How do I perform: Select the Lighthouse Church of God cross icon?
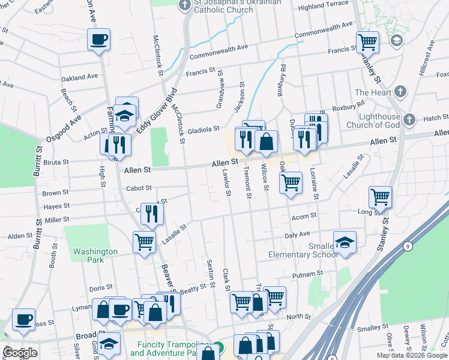point(410,120)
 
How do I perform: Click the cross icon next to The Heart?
point(400,92)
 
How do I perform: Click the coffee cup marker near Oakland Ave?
point(98,40)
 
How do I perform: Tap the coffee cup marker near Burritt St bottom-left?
point(23,319)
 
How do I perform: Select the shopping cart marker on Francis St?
point(367,41)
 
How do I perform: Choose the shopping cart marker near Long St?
point(381,196)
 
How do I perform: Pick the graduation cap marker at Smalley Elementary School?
point(345,242)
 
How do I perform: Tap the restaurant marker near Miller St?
point(151,212)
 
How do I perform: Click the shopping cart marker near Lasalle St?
point(144,242)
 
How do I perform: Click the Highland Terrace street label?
point(323,5)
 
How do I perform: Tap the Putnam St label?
point(308,274)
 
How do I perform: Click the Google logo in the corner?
point(20,353)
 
